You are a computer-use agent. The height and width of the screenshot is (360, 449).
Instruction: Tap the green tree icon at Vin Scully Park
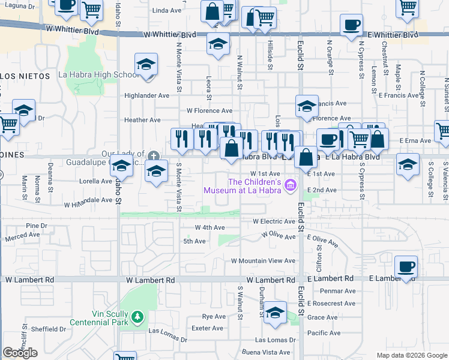tap(137, 316)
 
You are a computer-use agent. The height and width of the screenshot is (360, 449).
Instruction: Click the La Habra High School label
tap(98, 75)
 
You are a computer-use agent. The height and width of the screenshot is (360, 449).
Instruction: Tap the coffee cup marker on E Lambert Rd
tap(406, 266)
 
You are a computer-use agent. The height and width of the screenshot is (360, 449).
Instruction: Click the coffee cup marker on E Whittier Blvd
tap(351, 25)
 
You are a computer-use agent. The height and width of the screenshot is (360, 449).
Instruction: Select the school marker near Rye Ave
tap(275, 312)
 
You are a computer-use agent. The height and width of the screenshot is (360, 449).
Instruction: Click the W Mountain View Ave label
tap(264, 261)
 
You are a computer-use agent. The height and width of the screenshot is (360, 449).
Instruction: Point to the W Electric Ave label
tap(274, 221)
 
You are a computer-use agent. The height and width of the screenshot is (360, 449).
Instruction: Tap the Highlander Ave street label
tap(146, 95)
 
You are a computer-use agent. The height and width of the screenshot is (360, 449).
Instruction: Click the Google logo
tap(20, 353)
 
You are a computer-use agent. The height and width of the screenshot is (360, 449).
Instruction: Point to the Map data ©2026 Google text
tap(412, 355)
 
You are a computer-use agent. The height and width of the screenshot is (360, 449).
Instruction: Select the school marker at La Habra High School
tap(146, 66)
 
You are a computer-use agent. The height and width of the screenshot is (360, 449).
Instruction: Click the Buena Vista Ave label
tap(266, 352)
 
